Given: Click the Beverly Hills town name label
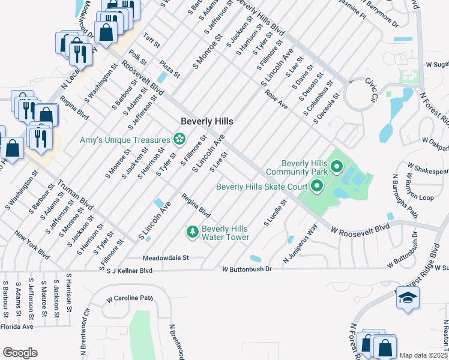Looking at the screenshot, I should point(206,121).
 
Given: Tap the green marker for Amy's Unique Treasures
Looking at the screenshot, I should point(179,140).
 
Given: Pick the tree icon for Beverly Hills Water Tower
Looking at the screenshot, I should point(192,232).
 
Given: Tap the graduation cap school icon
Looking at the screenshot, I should point(407,298).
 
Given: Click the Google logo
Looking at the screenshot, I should point(20,353).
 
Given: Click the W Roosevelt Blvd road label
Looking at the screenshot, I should point(360,229).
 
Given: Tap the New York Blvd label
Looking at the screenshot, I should point(32,245).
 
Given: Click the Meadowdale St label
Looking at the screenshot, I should point(166,258).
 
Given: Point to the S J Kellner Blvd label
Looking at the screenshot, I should point(129,271).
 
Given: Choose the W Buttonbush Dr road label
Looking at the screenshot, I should point(247,269).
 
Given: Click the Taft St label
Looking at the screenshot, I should point(151,41).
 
